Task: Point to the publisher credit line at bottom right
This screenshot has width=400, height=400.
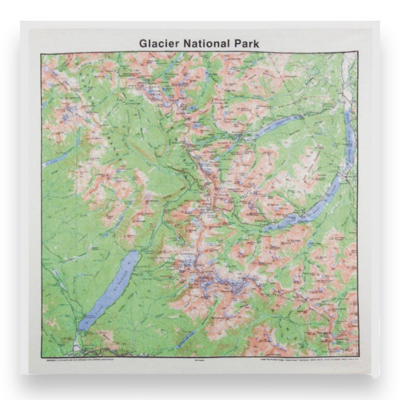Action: tap(310, 360)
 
